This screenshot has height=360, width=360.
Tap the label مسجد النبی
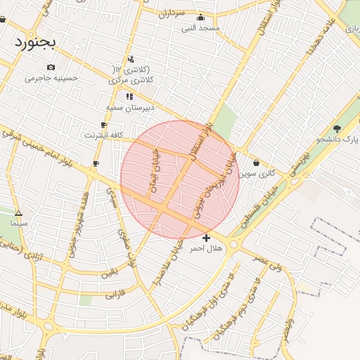(x=201, y=28)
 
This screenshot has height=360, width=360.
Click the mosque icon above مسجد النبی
(x=201, y=18)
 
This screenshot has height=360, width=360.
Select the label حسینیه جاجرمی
(x=51, y=77)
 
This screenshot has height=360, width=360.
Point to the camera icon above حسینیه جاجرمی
(x=51, y=67)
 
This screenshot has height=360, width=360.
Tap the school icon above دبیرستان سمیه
(x=129, y=96)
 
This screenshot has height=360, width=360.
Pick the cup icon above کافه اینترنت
(x=104, y=124)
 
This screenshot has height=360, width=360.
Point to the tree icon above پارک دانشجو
(x=337, y=129)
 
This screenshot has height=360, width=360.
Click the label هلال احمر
(x=206, y=248)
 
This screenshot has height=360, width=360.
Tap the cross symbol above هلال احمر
(x=206, y=238)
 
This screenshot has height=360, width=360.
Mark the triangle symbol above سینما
(x=18, y=213)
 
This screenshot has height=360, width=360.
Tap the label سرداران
(x=170, y=13)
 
